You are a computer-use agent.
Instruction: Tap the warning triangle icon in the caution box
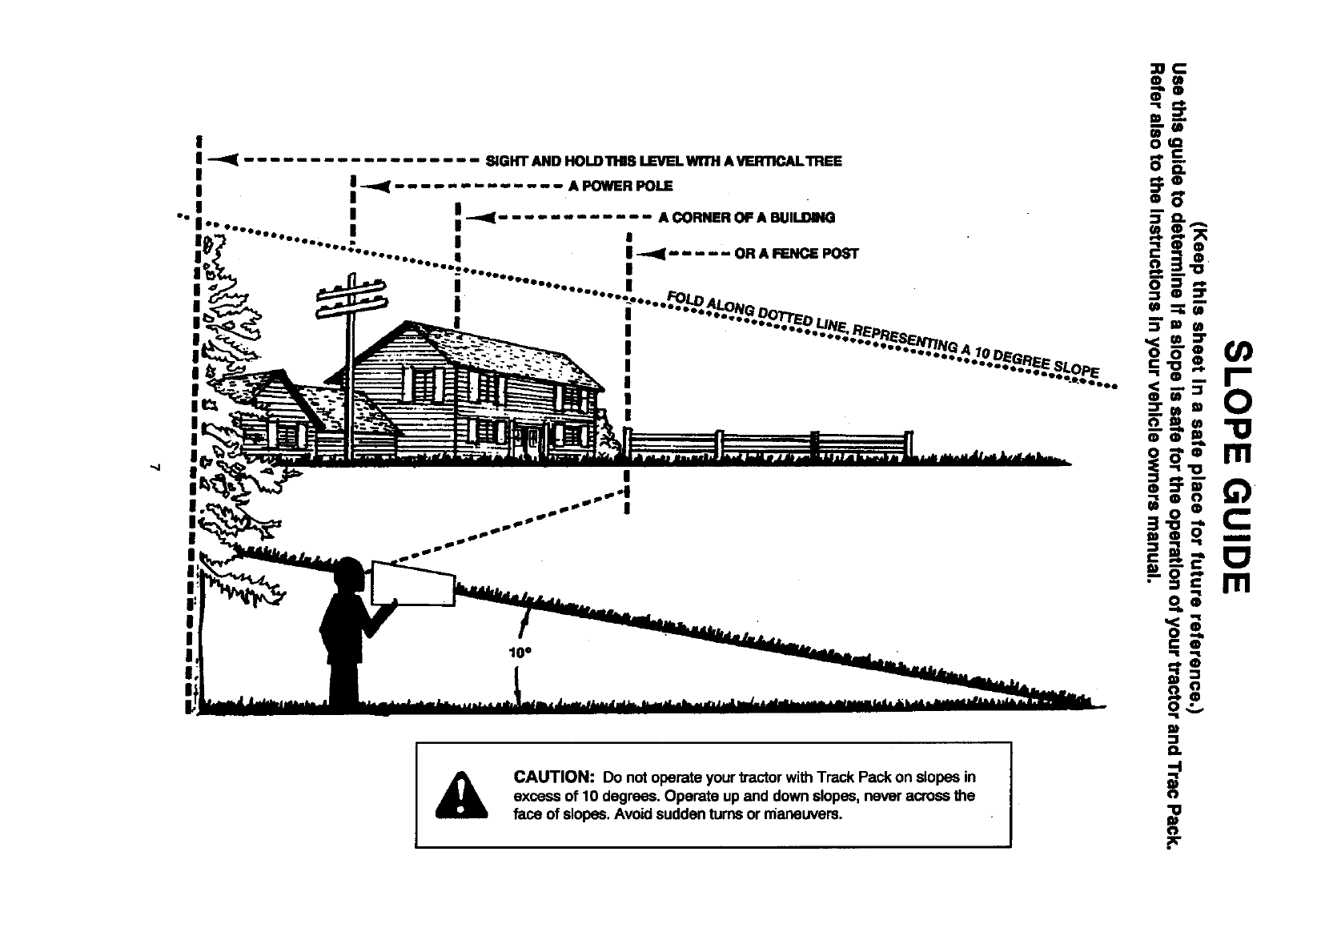coord(460,793)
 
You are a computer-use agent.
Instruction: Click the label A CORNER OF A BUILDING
coord(746,218)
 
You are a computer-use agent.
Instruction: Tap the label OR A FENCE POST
coord(796,254)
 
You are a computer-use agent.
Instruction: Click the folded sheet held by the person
coord(413,584)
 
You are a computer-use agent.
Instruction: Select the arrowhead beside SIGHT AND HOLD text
coord(223,160)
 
